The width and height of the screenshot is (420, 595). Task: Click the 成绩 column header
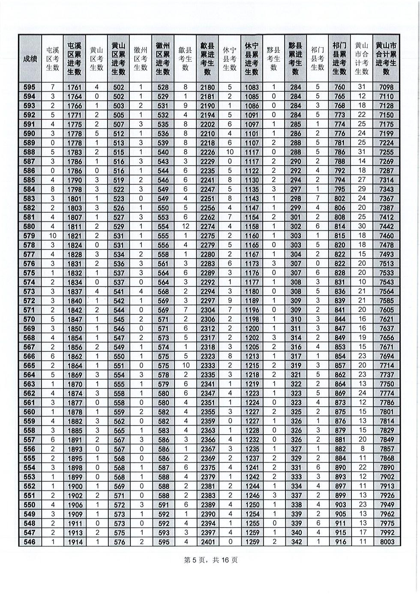[x=30, y=59]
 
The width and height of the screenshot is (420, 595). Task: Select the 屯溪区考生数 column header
[x=52, y=58]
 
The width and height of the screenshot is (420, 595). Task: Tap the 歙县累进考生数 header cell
[x=207, y=58]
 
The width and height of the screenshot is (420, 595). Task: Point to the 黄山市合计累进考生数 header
[x=386, y=58]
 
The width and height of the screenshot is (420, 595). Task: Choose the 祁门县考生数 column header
[x=318, y=58]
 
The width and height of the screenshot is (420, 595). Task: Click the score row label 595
[x=30, y=88]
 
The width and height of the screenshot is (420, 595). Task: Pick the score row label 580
[x=30, y=227]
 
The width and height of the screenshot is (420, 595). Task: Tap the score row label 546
[x=30, y=542]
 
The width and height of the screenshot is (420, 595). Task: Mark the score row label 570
[x=30, y=319]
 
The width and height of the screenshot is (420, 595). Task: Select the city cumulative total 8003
[x=386, y=542]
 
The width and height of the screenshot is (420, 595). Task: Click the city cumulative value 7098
[x=386, y=88]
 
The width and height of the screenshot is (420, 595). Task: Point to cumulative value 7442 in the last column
[x=386, y=227]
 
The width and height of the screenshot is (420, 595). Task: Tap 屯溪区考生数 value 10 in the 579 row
[x=52, y=236]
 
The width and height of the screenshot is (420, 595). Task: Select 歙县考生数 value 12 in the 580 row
[x=185, y=227]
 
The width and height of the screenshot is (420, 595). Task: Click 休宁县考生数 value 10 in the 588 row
[x=230, y=152]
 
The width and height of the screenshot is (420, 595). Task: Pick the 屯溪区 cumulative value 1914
[x=74, y=542]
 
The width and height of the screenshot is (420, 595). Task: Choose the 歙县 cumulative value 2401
[x=207, y=542]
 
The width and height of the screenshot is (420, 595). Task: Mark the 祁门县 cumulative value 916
[x=339, y=542]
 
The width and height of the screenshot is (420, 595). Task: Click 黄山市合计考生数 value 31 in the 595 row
[x=361, y=88]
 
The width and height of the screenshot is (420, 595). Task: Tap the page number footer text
[x=210, y=560]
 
